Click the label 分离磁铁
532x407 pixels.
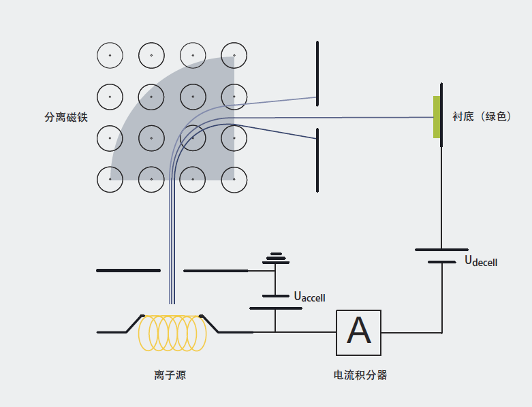(66, 117)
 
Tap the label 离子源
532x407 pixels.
(170, 375)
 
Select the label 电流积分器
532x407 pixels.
(360, 375)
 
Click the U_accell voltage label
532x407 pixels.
(309, 297)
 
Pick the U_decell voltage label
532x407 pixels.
(481, 261)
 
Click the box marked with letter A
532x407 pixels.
(358, 332)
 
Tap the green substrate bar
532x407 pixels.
(436, 117)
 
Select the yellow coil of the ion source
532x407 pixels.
(172, 333)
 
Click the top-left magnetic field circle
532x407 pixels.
(110, 56)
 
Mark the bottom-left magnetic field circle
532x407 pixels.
(110, 180)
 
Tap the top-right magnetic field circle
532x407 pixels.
(234, 56)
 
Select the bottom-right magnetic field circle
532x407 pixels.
(234, 180)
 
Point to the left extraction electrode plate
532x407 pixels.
(128, 271)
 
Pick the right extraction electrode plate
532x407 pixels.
(216, 271)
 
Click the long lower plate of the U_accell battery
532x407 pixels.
(275, 308)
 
